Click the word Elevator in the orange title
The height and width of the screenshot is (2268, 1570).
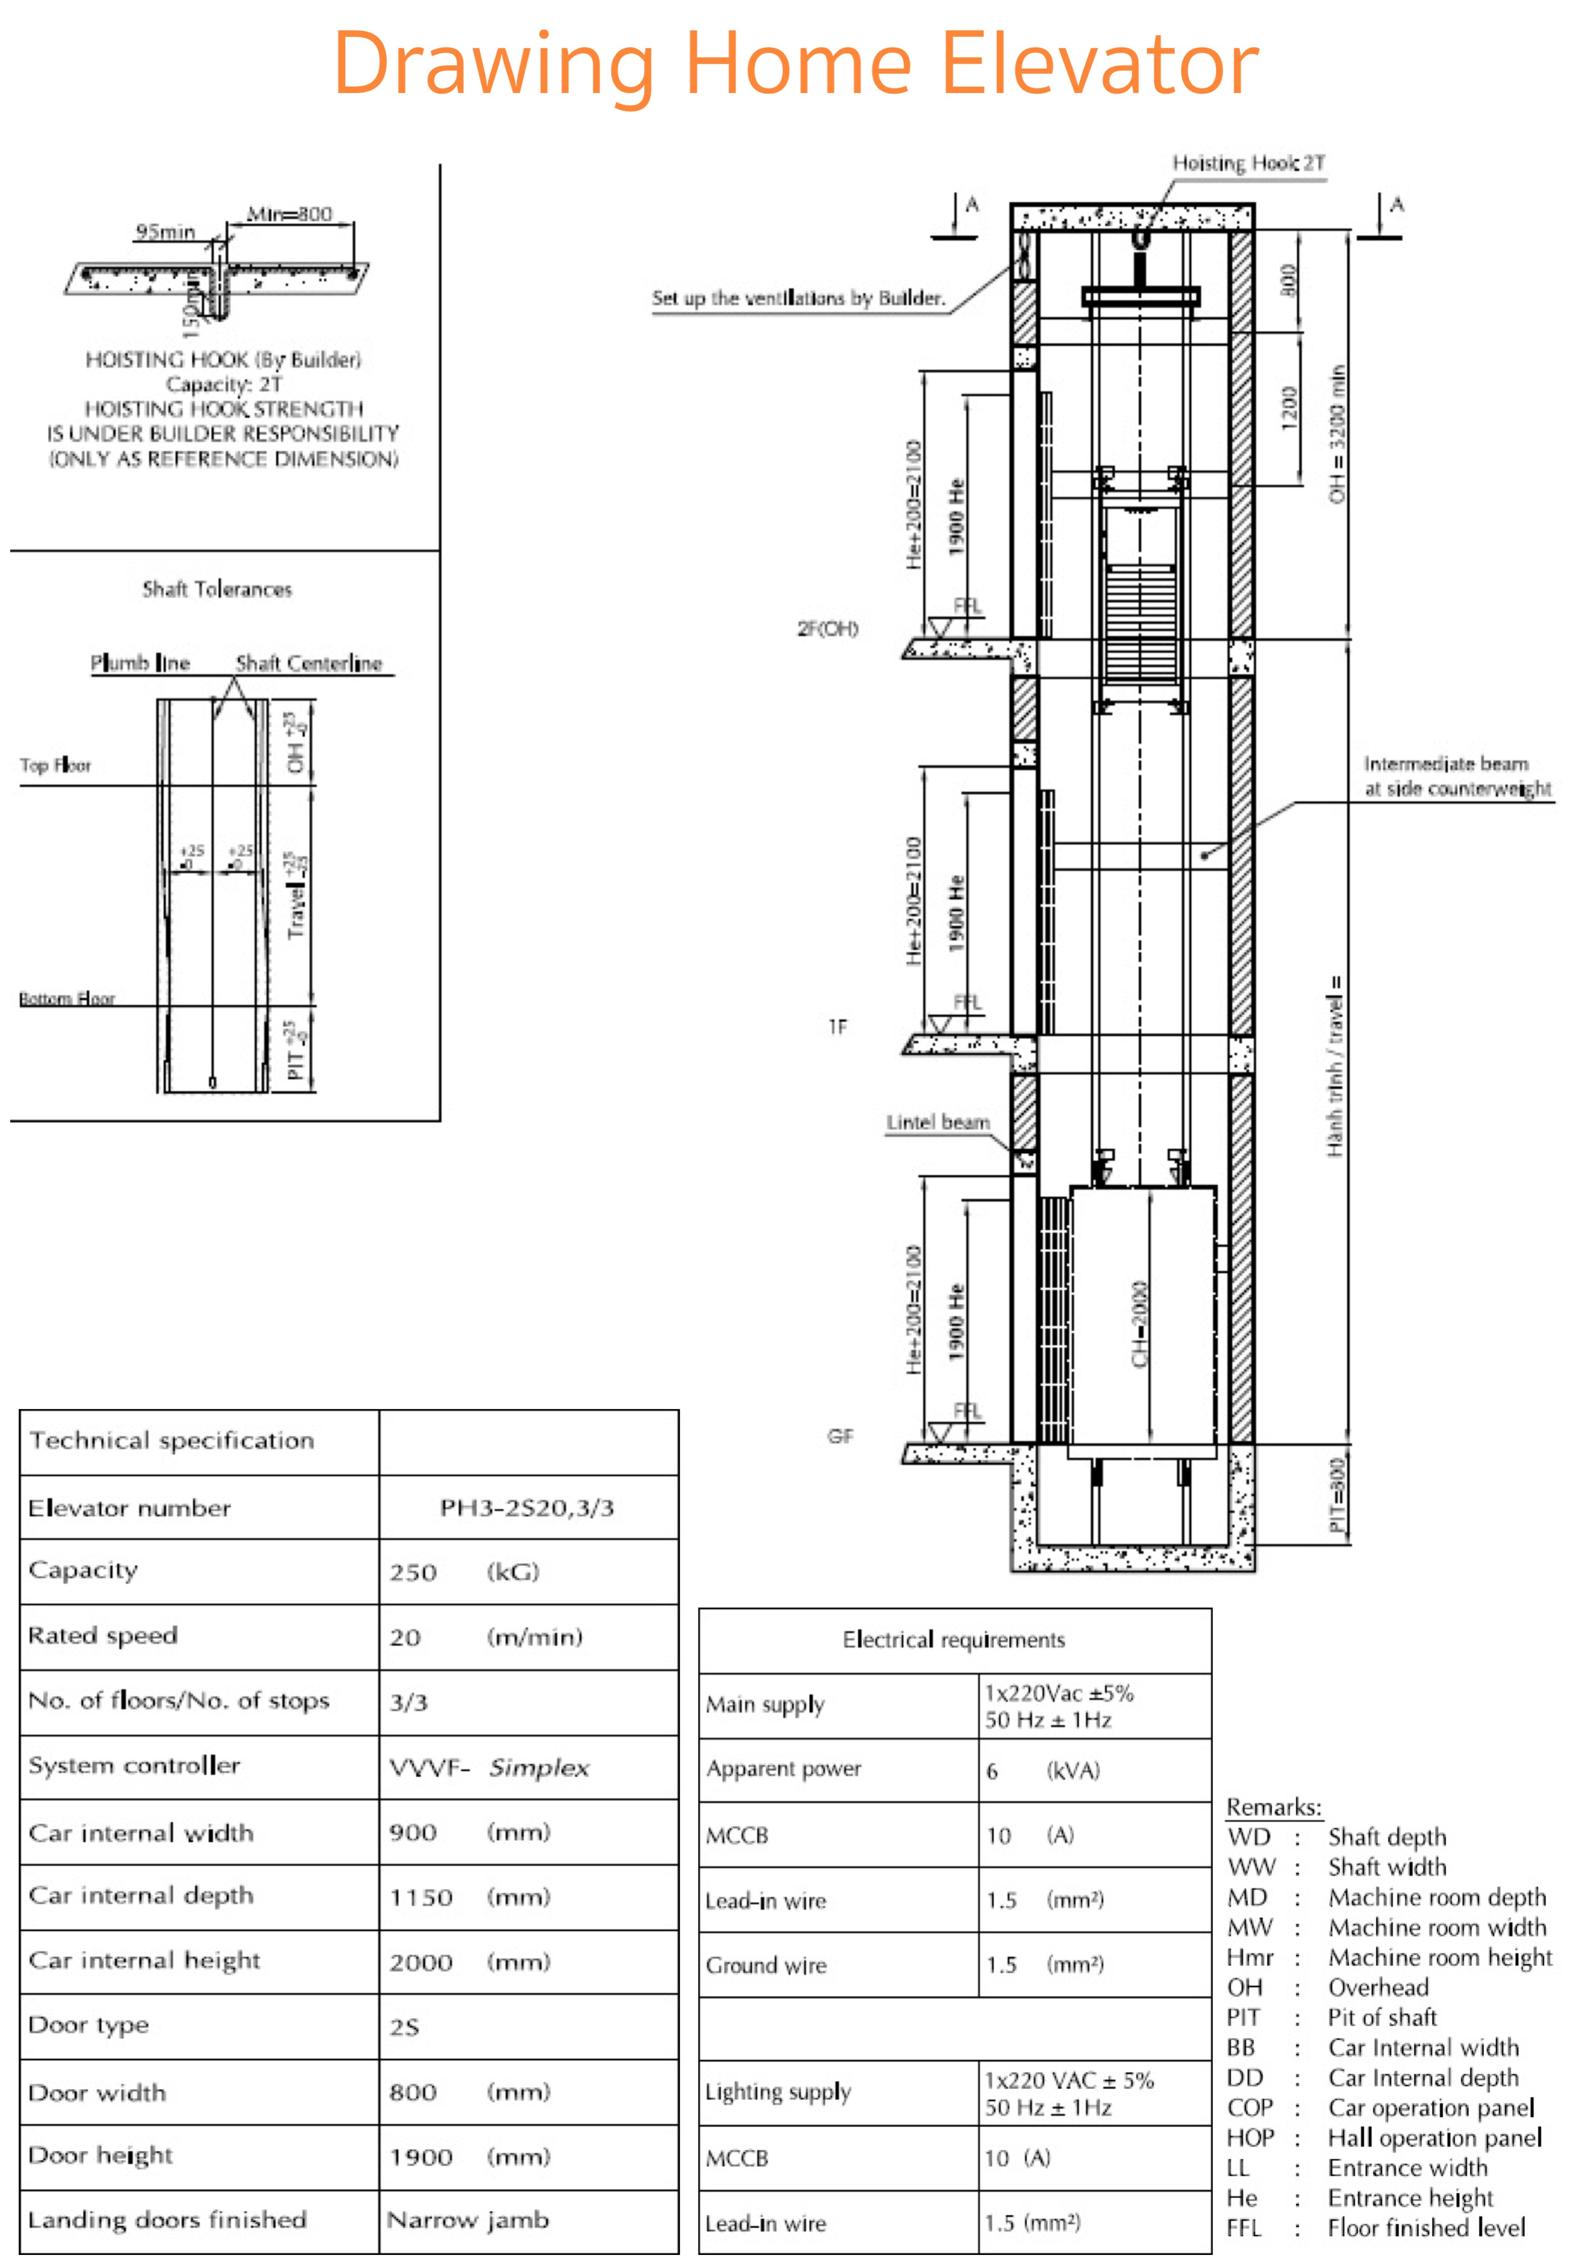pos(1100,64)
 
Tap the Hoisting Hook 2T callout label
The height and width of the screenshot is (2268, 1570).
pos(1247,163)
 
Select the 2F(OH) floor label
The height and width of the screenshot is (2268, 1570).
pos(827,628)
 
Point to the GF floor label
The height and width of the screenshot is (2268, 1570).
pos(839,1436)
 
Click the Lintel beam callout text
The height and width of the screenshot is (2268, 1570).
pos(937,1122)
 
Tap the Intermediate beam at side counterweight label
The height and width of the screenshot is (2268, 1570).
pos(1456,776)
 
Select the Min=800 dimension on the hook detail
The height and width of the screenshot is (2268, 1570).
pos(289,213)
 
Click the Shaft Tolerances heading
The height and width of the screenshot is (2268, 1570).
pos(217,589)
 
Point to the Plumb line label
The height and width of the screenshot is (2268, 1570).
pos(139,663)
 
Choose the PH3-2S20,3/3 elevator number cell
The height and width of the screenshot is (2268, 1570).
pos(527,1508)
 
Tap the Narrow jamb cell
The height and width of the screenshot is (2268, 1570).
pos(468,2220)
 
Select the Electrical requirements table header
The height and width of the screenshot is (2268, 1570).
pos(953,1640)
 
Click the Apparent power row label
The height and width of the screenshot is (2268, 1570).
pos(783,1768)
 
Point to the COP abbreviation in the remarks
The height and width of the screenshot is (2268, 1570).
pos(1249,2108)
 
